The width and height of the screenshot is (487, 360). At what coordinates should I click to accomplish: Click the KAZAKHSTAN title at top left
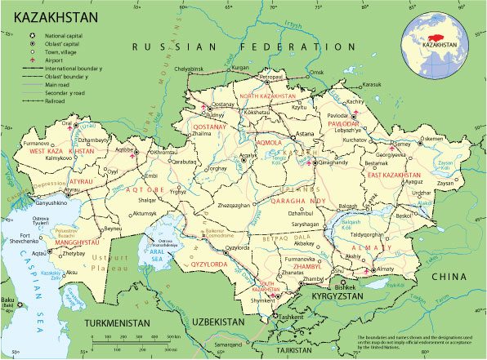51,16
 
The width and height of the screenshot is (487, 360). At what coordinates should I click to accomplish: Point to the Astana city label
304,134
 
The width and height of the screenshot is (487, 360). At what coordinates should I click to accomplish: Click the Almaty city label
383,269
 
